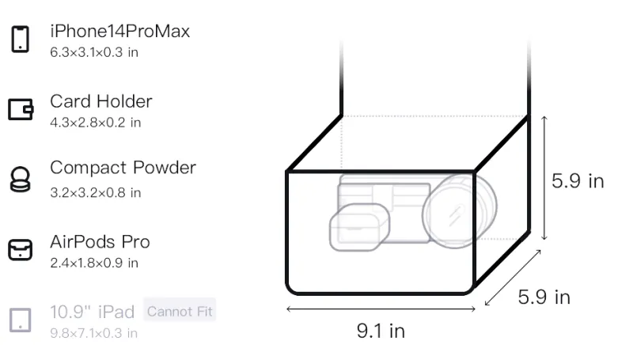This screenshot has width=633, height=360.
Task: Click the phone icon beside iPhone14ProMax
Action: coord(21,39)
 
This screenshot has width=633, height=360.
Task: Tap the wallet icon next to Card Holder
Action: coord(21,109)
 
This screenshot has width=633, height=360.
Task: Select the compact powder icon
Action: coord(21,179)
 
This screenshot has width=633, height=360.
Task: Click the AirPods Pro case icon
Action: coord(21,249)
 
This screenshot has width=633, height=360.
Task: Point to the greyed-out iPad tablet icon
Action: coord(21,320)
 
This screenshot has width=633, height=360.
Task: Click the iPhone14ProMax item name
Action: coord(120,31)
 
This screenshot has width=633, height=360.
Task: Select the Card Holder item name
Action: coord(101,101)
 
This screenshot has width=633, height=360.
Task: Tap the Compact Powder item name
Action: coord(123,168)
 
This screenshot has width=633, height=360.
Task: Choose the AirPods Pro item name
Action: coord(100,242)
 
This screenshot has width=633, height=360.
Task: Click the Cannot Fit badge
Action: coord(180,311)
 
